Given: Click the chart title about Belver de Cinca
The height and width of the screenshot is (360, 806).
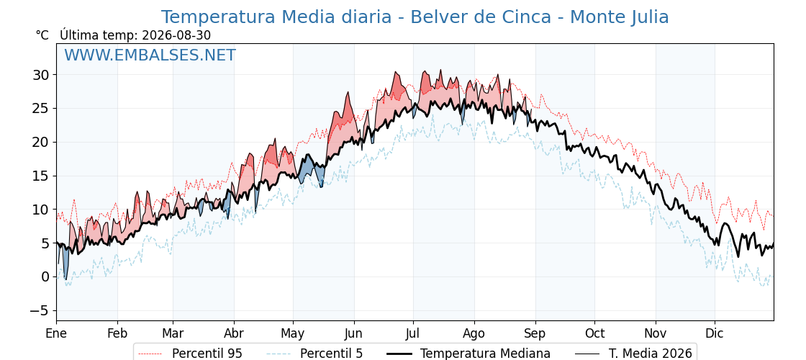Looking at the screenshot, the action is [415, 17].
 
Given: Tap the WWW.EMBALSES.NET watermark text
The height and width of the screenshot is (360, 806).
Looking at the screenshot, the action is [150, 55].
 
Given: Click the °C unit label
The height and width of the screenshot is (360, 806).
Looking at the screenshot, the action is [42, 35].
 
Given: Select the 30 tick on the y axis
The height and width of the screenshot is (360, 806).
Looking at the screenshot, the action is [41, 75].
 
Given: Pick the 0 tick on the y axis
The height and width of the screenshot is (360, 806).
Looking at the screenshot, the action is [46, 277].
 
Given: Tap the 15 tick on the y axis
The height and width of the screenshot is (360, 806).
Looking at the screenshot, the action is [41, 176].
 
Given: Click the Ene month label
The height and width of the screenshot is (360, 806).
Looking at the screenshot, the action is [56, 333].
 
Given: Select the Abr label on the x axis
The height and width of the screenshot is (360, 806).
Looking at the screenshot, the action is [234, 333].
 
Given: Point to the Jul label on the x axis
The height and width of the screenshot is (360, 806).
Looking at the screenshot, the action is [413, 333].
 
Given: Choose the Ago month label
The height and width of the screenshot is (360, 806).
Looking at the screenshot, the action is [474, 334].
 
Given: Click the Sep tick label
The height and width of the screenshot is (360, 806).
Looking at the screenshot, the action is [535, 334].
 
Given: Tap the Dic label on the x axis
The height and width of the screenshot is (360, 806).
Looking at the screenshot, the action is [715, 333].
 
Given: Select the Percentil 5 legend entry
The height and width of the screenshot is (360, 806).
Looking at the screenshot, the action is [315, 354].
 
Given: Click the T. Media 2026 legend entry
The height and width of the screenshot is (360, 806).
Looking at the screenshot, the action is [634, 354].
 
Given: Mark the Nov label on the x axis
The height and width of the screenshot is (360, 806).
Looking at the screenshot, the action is [656, 333].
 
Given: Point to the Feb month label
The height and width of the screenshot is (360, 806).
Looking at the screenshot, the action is [117, 333].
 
